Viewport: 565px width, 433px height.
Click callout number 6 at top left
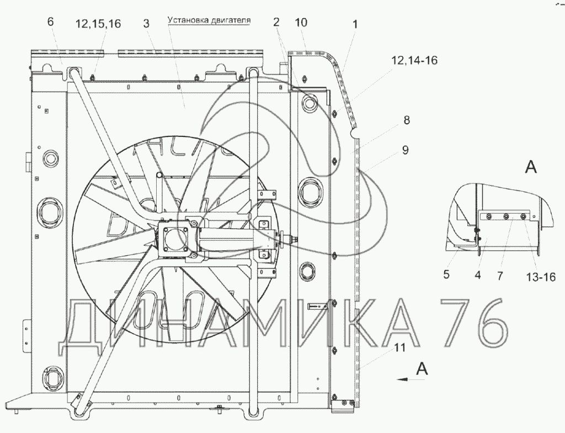(x=50, y=22)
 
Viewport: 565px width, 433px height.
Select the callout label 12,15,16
(x=98, y=24)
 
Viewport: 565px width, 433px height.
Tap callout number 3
(x=146, y=23)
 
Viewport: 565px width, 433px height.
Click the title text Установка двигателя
(x=209, y=20)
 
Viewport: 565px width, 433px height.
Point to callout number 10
(x=301, y=23)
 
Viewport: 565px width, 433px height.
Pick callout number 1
(x=355, y=24)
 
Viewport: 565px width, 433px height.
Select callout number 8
(x=407, y=120)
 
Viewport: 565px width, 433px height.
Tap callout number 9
(x=406, y=150)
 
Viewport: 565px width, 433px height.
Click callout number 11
(x=399, y=347)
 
